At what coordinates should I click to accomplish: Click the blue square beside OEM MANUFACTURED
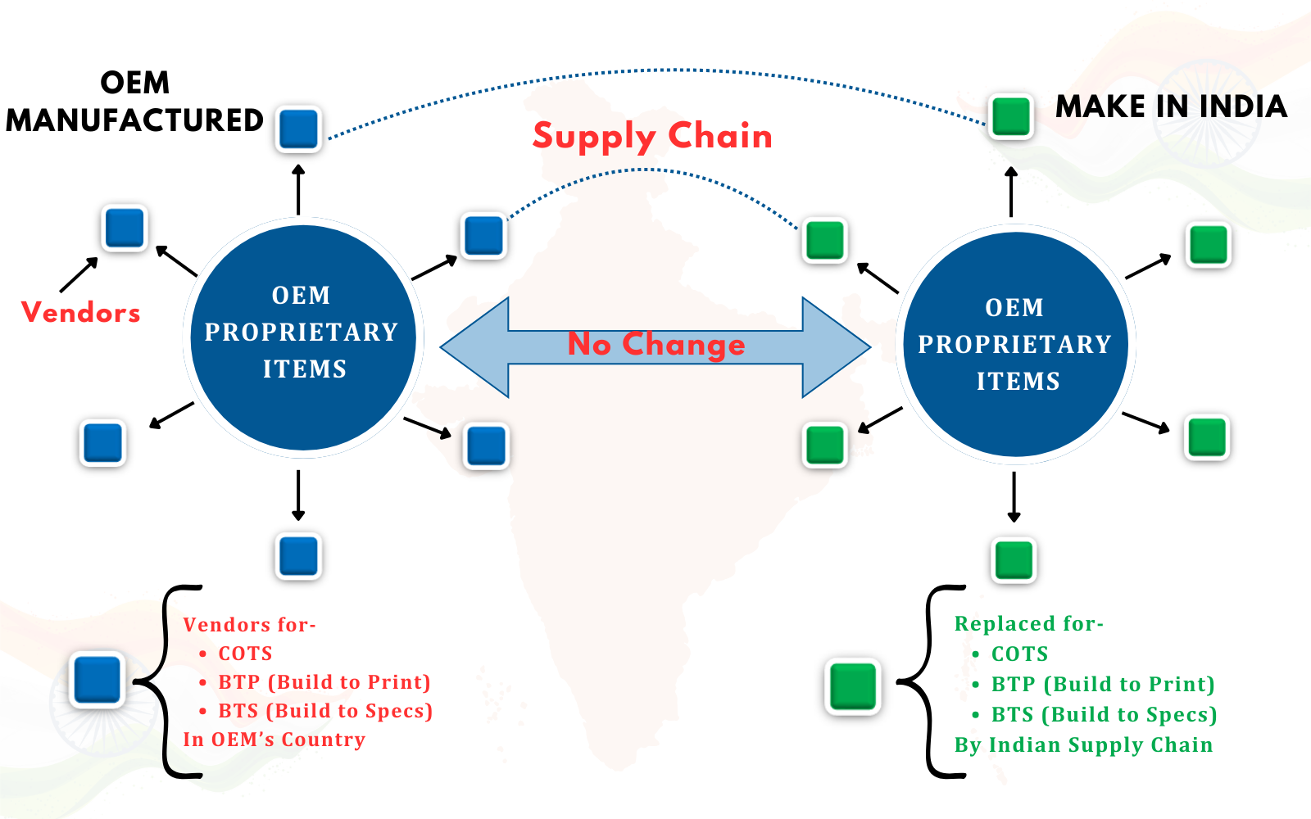[298, 129]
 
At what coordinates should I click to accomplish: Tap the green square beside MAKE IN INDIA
[1011, 116]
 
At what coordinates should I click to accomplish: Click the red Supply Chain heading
[652, 136]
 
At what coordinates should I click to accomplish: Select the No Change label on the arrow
[656, 345]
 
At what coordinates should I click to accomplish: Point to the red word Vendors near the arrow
[81, 313]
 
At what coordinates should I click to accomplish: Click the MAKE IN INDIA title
[1171, 107]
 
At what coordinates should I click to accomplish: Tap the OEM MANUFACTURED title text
[134, 102]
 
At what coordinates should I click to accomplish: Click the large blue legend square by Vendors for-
[98, 680]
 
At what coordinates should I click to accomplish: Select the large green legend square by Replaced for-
[853, 686]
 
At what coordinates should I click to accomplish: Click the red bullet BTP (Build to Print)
[324, 682]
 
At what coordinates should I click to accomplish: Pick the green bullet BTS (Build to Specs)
[1103, 715]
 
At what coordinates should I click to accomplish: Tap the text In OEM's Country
[274, 740]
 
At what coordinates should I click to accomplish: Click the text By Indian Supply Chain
[1083, 745]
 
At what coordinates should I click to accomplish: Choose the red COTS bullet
[245, 654]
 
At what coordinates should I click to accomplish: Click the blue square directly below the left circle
[298, 556]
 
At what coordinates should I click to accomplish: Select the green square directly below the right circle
[1014, 560]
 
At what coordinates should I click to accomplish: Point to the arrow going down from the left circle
[298, 495]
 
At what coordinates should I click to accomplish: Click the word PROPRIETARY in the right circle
[1014, 345]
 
